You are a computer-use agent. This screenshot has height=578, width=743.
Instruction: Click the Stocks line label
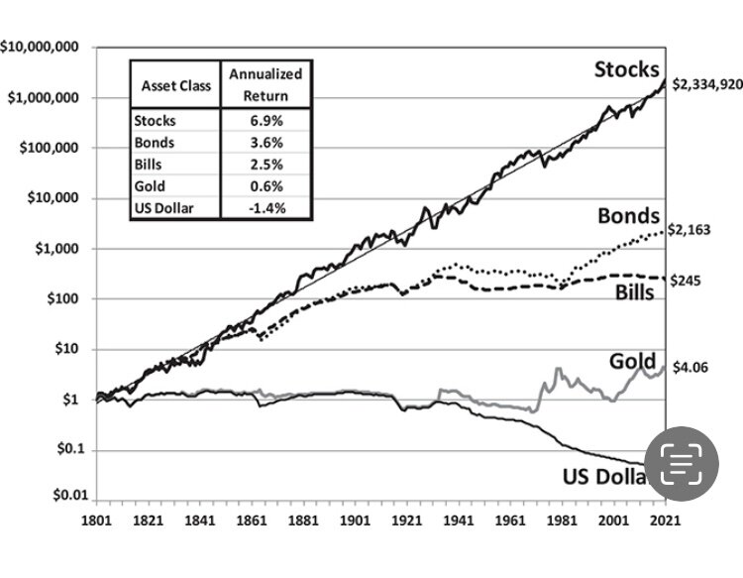point(626,69)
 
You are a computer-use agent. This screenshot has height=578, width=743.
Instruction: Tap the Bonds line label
point(628,217)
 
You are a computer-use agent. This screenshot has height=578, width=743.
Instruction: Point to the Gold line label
point(632,361)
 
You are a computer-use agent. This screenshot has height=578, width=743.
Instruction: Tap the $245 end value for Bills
point(687,281)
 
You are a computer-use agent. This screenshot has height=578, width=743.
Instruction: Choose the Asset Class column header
point(172,85)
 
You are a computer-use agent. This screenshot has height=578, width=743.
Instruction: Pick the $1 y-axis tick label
point(72,400)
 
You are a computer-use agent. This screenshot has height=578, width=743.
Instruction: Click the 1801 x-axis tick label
point(95,520)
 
